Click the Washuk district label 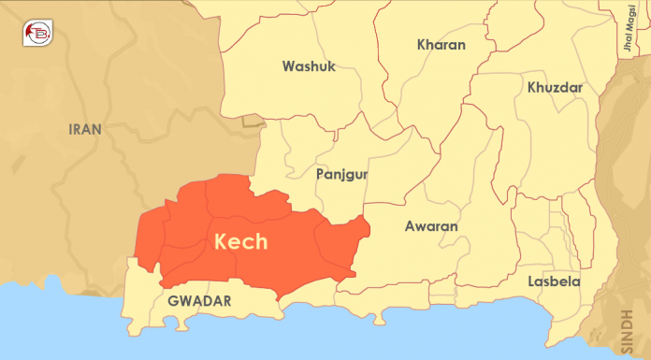[309, 66]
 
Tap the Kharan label [441, 45]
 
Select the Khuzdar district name [555, 88]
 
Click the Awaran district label [430, 226]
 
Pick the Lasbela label [553, 281]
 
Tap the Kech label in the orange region [241, 241]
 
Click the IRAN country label [86, 129]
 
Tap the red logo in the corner [37, 34]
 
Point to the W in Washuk [287, 66]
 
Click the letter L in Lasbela [530, 281]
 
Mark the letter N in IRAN [98, 129]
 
